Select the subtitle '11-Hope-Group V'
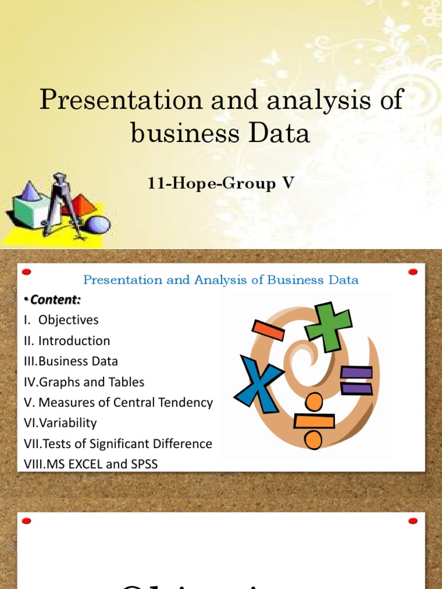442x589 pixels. [221, 185]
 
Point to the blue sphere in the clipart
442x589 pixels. [97, 224]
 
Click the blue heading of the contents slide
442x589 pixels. [221, 280]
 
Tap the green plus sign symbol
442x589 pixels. [329, 326]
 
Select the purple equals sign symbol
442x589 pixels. [356, 380]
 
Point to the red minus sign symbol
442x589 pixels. [265, 330]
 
